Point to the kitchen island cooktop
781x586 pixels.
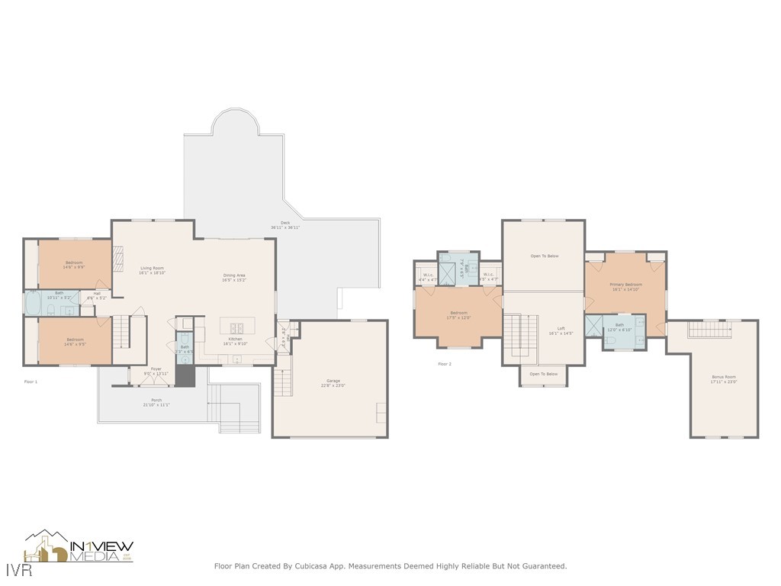click(236, 328)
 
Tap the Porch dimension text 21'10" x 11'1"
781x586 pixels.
click(156, 404)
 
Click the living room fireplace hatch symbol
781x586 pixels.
click(118, 259)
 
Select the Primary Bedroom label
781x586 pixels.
click(625, 285)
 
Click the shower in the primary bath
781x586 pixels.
click(593, 326)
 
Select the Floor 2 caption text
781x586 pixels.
click(445, 364)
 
